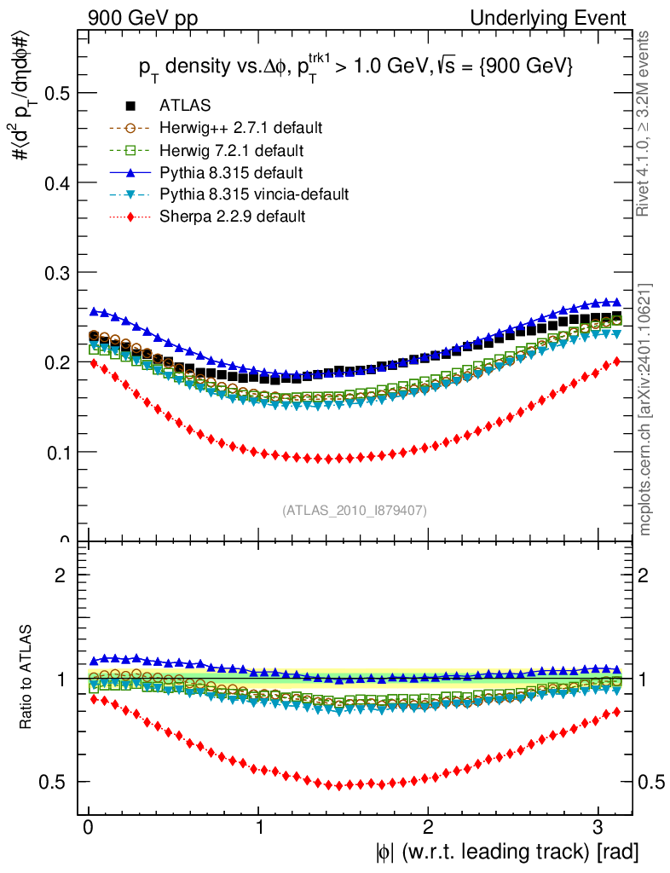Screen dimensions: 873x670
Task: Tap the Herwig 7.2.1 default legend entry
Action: (x=232, y=150)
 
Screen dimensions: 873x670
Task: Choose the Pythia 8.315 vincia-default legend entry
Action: (x=254, y=194)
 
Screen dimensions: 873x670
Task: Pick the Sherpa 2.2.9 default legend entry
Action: (x=232, y=217)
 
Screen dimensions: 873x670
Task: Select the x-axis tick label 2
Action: (x=429, y=827)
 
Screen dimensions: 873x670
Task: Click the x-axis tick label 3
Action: (x=598, y=827)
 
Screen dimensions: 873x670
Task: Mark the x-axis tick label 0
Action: (x=89, y=827)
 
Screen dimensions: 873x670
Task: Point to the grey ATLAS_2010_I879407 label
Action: (x=355, y=510)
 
